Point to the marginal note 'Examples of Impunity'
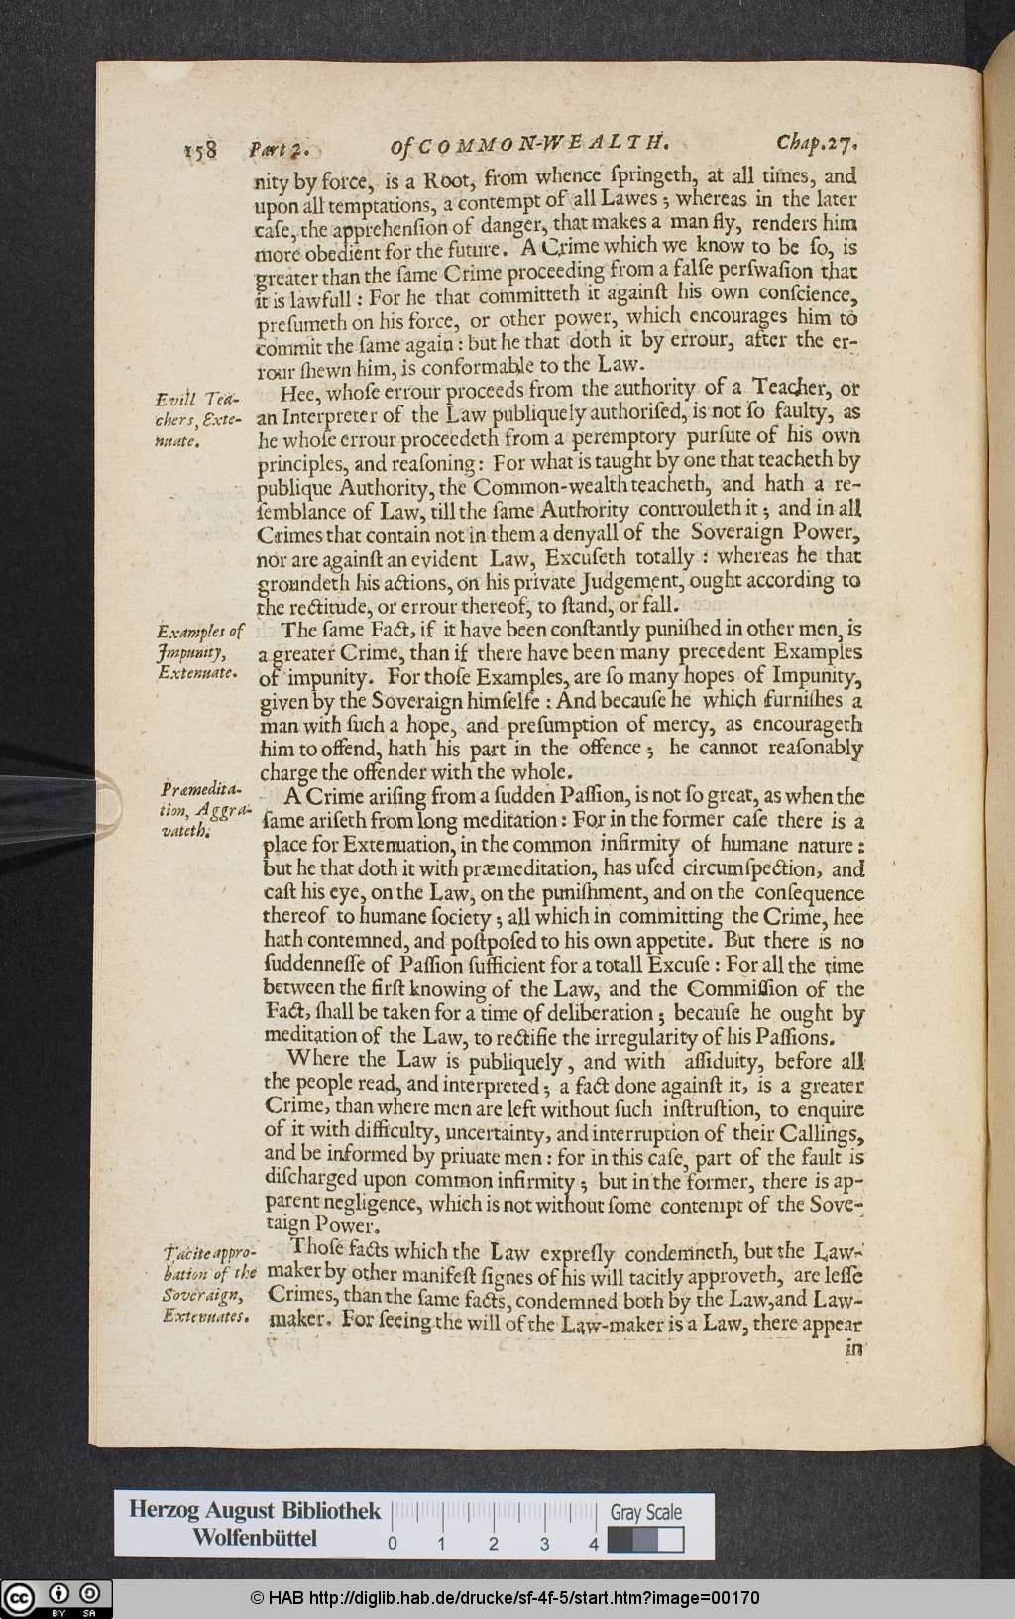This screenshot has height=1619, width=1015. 198,651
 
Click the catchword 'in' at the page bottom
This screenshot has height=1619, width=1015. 852,1347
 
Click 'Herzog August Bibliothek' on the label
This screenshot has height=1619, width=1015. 255,1510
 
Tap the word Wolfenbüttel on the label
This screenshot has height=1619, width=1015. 255,1538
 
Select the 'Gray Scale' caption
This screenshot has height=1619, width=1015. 645,1512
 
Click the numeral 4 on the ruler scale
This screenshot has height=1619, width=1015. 593,1544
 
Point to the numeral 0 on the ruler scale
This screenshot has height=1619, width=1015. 393,1544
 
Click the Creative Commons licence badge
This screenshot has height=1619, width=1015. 56,1598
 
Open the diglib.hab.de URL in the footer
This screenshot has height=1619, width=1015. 506,1598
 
